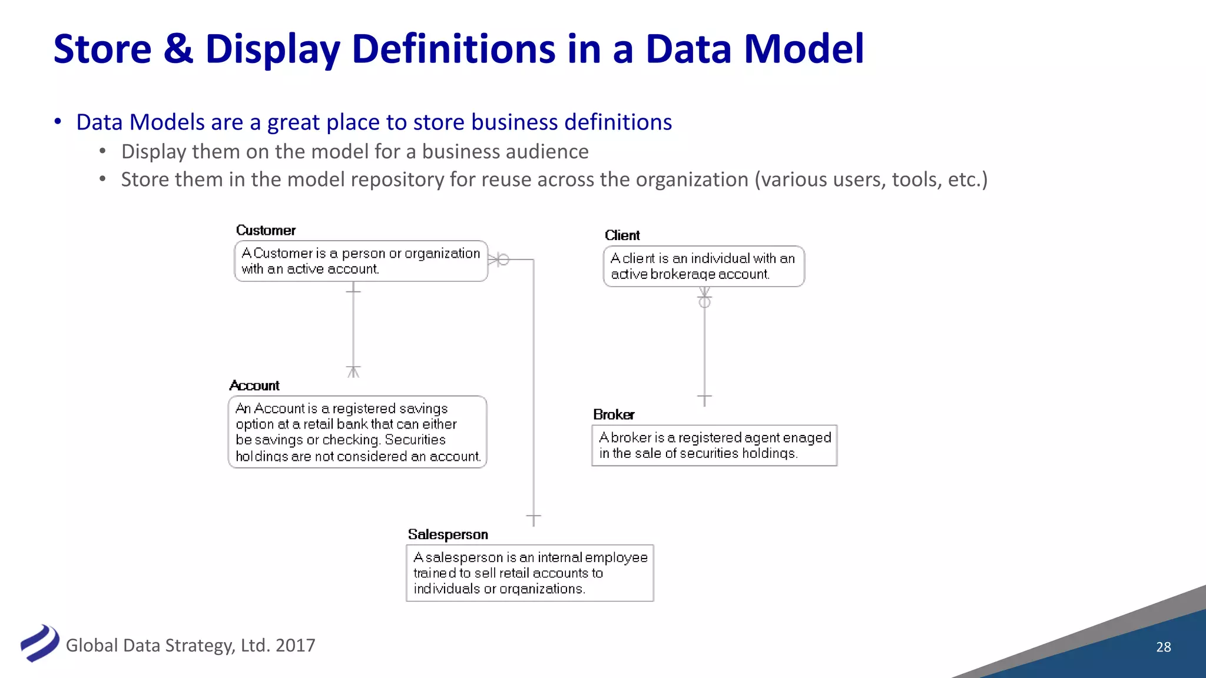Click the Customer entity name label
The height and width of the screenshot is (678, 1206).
266,230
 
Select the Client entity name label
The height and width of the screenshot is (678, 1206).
622,235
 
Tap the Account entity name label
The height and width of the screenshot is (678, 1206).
254,385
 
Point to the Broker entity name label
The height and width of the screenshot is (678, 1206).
614,414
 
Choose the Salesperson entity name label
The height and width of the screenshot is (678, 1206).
448,534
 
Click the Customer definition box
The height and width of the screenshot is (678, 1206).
361,261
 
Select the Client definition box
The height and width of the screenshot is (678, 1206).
704,267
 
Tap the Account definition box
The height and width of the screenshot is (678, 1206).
357,432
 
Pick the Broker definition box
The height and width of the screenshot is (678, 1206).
714,446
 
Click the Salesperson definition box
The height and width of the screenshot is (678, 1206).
530,573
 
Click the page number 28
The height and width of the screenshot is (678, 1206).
1164,647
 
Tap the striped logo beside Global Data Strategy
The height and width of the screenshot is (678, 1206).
39,643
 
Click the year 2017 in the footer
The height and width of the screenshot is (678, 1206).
295,646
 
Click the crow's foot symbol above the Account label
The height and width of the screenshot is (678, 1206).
353,371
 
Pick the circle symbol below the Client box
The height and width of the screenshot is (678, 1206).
704,302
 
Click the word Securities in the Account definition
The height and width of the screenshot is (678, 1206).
415,440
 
